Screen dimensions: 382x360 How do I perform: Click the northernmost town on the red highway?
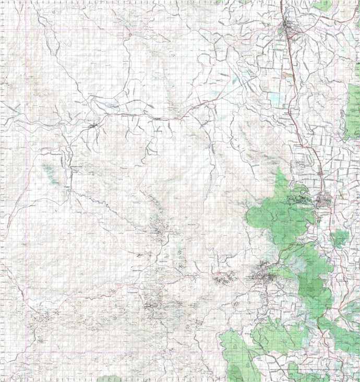[x=289, y=26]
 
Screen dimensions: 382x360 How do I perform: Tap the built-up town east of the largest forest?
[x=325, y=200]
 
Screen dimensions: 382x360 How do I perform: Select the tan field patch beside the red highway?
[x=286, y=75]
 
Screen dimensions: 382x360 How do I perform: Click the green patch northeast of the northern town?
[x=322, y=6]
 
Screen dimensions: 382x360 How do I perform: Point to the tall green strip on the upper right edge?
[x=353, y=110]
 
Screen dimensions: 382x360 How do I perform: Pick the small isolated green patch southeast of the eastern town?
[x=340, y=238]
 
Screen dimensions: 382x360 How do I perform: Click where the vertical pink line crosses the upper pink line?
[x=25, y=31]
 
